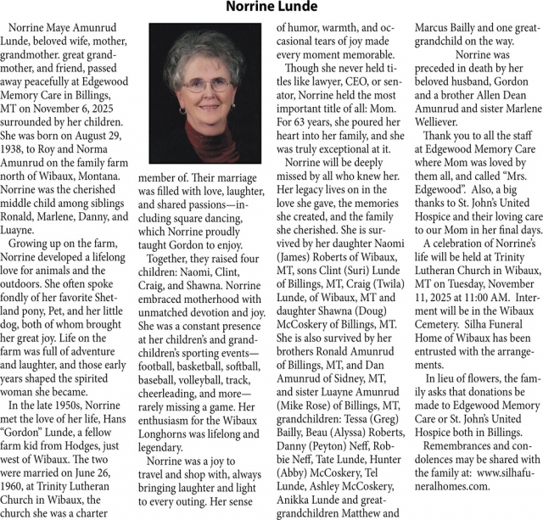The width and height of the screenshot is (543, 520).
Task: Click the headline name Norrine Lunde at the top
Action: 271,8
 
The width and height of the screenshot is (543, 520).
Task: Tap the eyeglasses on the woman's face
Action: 208,86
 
